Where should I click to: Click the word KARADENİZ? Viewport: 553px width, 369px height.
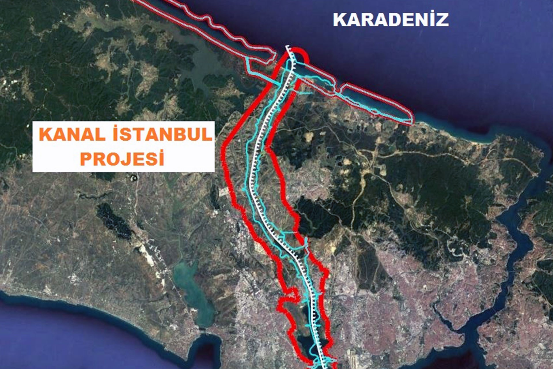(x=391, y=20)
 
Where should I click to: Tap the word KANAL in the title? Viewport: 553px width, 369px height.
(x=72, y=135)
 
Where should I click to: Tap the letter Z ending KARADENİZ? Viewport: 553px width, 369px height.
(x=442, y=20)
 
